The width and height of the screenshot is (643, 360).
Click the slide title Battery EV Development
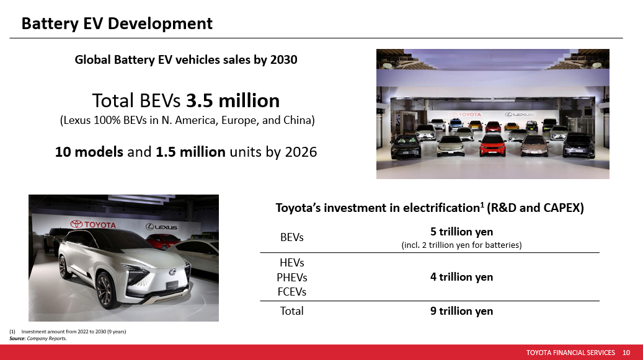tap(117, 24)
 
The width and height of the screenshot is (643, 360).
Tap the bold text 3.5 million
tap(233, 100)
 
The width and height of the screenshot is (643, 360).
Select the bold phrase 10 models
tap(89, 152)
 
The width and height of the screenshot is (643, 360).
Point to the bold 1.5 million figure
tap(191, 152)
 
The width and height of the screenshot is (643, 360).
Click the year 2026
tap(301, 152)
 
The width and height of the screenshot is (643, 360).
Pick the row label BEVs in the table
tap(292, 237)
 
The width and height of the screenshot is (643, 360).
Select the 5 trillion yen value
tap(462, 232)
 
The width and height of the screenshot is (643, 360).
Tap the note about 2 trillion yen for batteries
tap(461, 245)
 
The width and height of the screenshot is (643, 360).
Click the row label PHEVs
tap(292, 277)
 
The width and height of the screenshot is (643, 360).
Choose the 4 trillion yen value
tap(462, 277)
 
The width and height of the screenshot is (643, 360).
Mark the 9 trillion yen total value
tap(462, 311)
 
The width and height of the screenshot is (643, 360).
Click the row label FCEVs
tap(292, 292)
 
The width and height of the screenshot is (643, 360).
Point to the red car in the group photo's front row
tap(492, 146)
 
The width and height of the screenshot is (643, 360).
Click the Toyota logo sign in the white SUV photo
tap(93, 224)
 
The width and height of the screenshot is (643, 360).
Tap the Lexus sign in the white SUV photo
tap(162, 227)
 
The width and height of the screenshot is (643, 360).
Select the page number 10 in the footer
tap(626, 353)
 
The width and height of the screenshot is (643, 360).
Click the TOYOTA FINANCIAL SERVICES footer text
tap(570, 353)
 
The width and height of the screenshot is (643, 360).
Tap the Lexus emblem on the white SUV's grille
tap(172, 271)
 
